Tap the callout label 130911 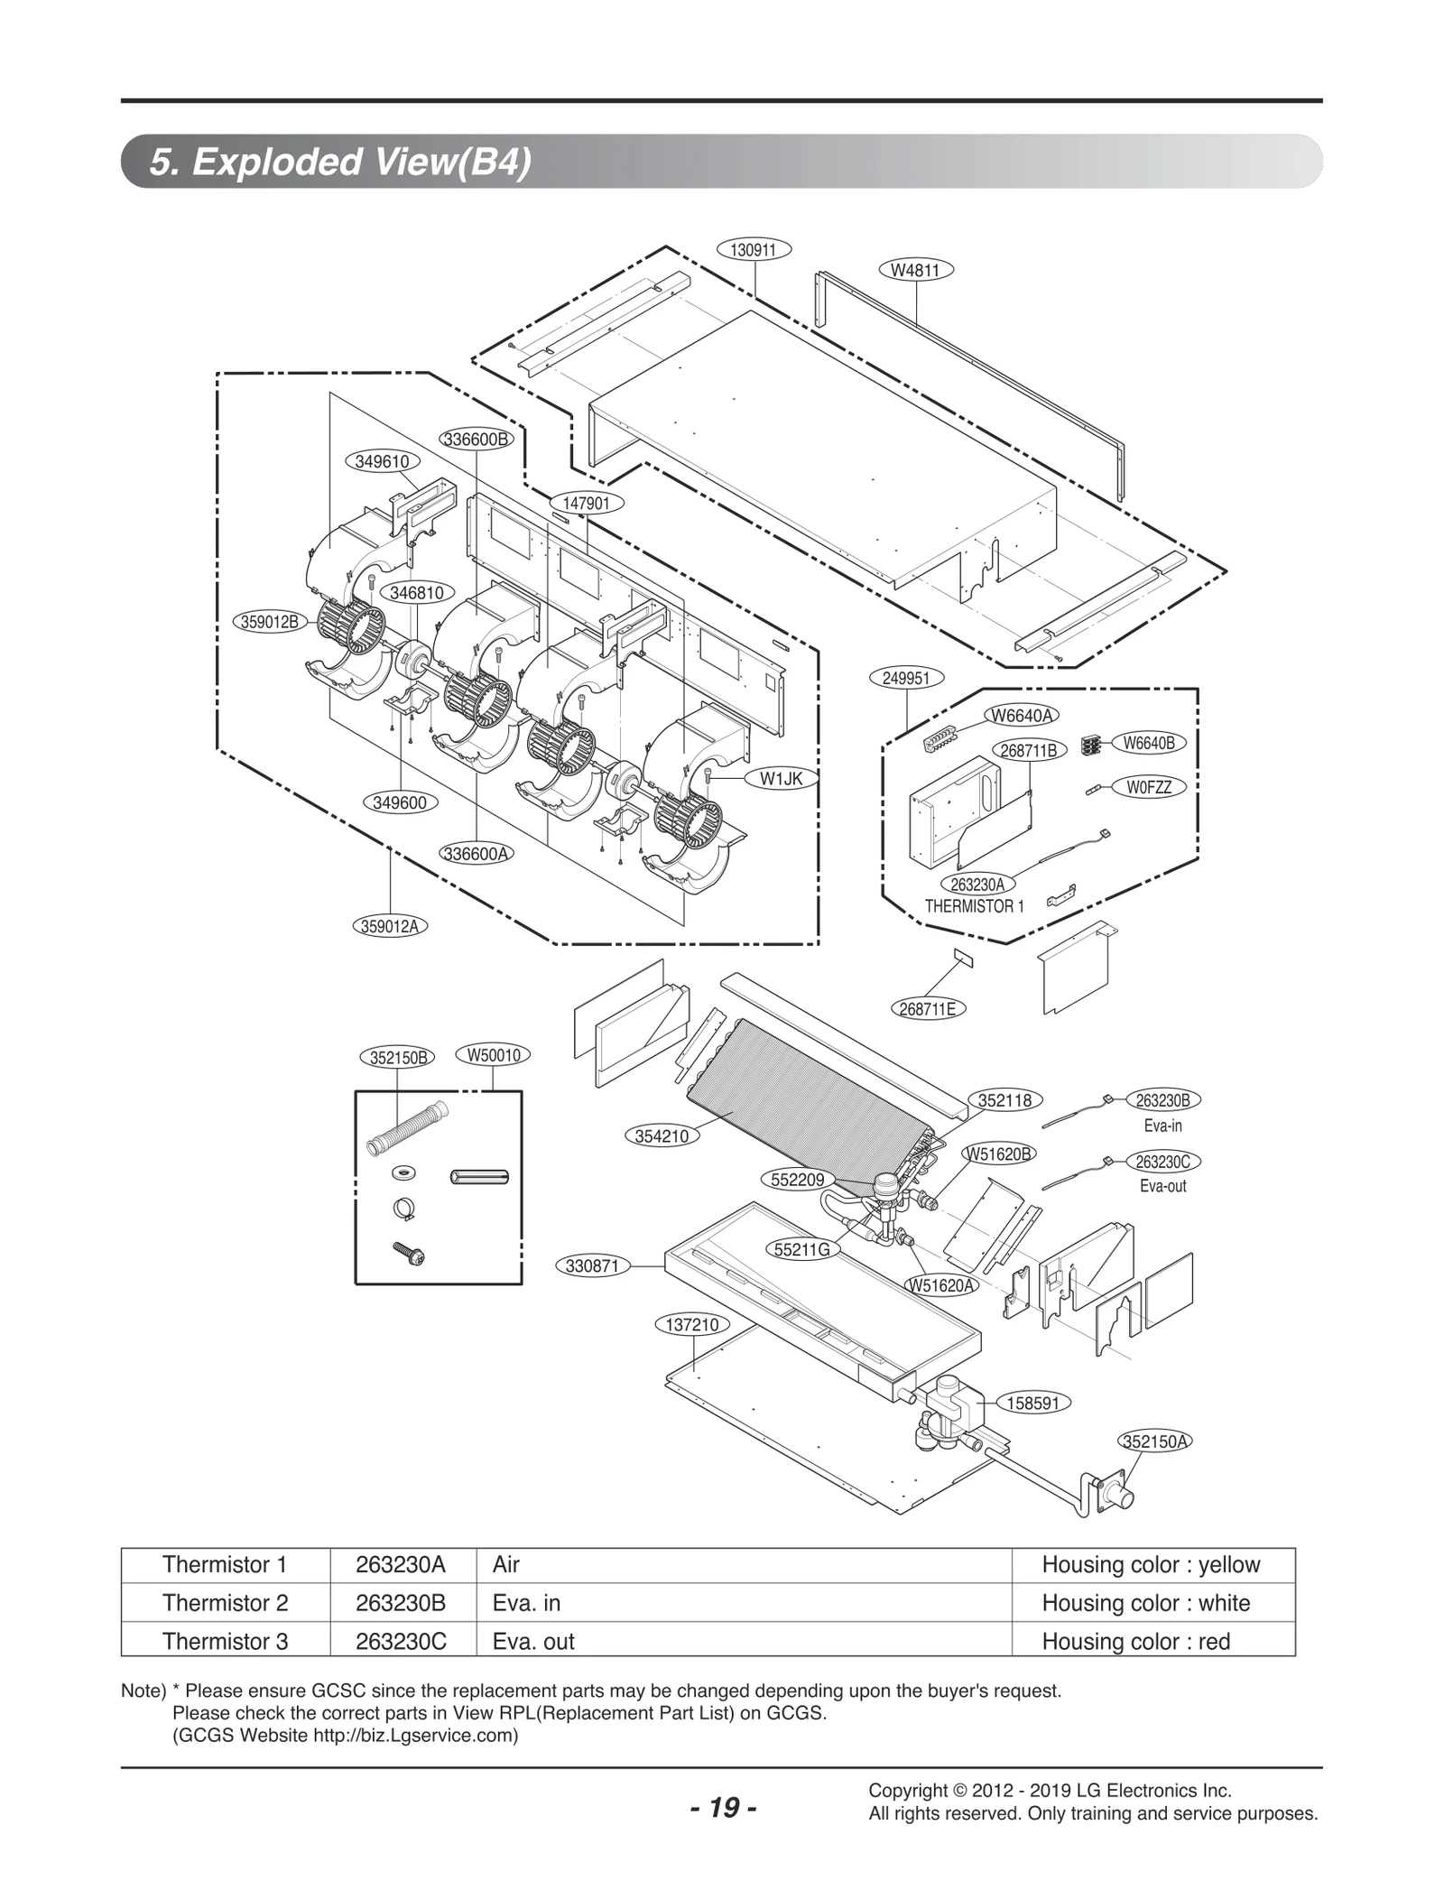pyautogui.click(x=753, y=250)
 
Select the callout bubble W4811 pyautogui.click(x=915, y=269)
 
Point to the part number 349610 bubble pyautogui.click(x=382, y=461)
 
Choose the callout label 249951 pyautogui.click(x=905, y=678)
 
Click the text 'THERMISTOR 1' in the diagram pyautogui.click(x=974, y=906)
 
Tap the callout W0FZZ pyautogui.click(x=1149, y=787)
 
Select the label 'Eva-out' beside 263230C pyautogui.click(x=1162, y=1186)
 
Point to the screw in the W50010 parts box pyautogui.click(x=409, y=1254)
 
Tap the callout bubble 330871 pyautogui.click(x=592, y=1266)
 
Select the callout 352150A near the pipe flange pyautogui.click(x=1154, y=1441)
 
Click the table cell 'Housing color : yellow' pyautogui.click(x=1151, y=1565)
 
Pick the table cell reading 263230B pyautogui.click(x=401, y=1603)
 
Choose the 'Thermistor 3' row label pyautogui.click(x=225, y=1641)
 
